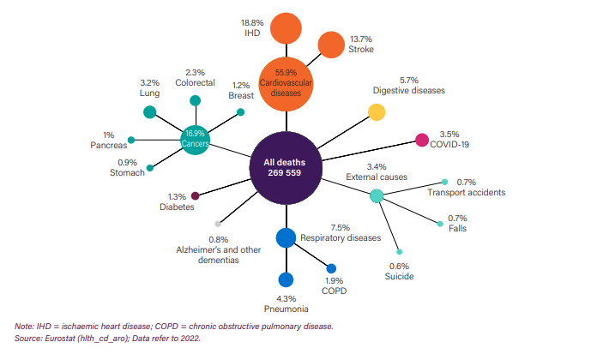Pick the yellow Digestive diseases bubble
(377, 111)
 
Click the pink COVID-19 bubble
(421, 141)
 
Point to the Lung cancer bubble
(150, 111)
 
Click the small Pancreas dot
(130, 140)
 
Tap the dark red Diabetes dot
(196, 195)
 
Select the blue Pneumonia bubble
(286, 279)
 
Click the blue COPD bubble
(331, 268)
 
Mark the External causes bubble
(376, 196)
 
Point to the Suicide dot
(399, 252)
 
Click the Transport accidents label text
(466, 193)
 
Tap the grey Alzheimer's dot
(218, 223)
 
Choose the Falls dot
(441, 224)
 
